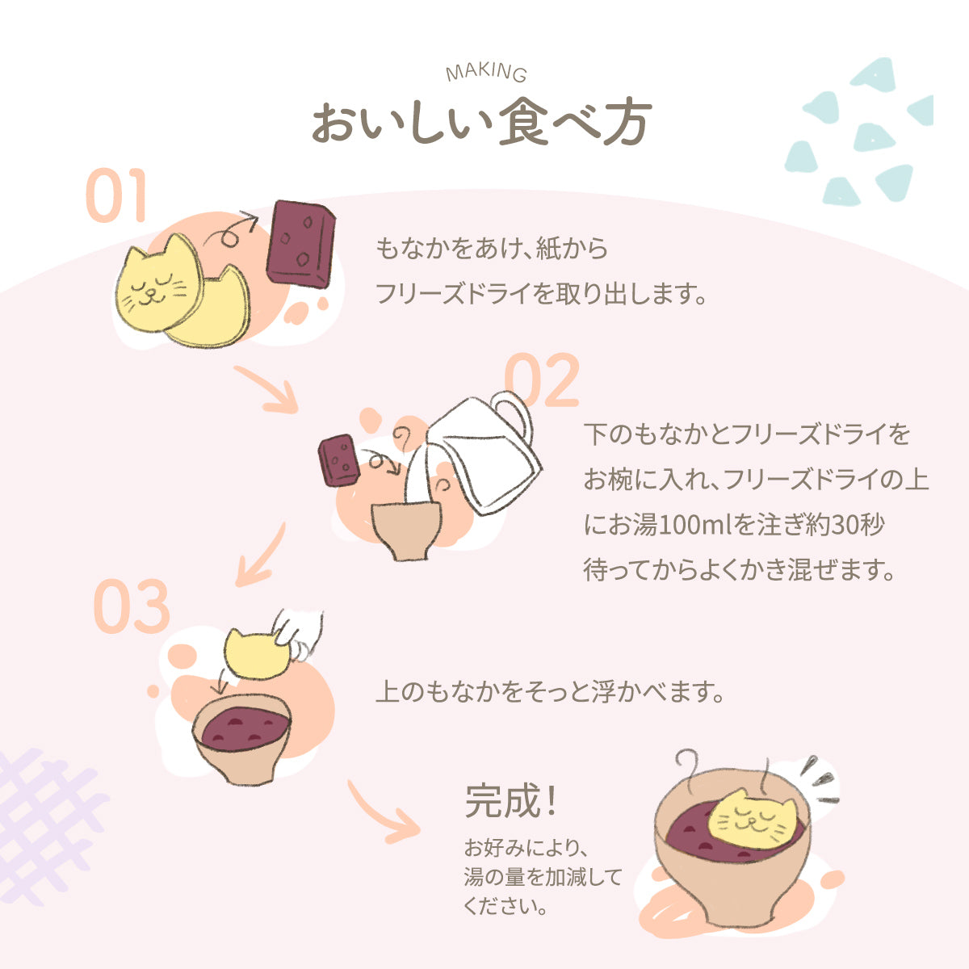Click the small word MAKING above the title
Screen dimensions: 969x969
486,73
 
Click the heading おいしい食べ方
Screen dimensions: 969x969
481,124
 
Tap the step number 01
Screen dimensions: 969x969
116,196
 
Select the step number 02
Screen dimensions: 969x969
542,380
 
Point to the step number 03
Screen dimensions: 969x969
132,606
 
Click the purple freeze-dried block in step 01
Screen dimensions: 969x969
301,241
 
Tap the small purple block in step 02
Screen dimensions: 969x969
339,460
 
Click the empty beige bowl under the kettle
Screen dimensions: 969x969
406,529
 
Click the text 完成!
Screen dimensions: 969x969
510,801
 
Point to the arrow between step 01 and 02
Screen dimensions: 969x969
269,390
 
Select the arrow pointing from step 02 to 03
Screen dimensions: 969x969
261,556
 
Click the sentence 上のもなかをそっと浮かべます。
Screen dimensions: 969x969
549,692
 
